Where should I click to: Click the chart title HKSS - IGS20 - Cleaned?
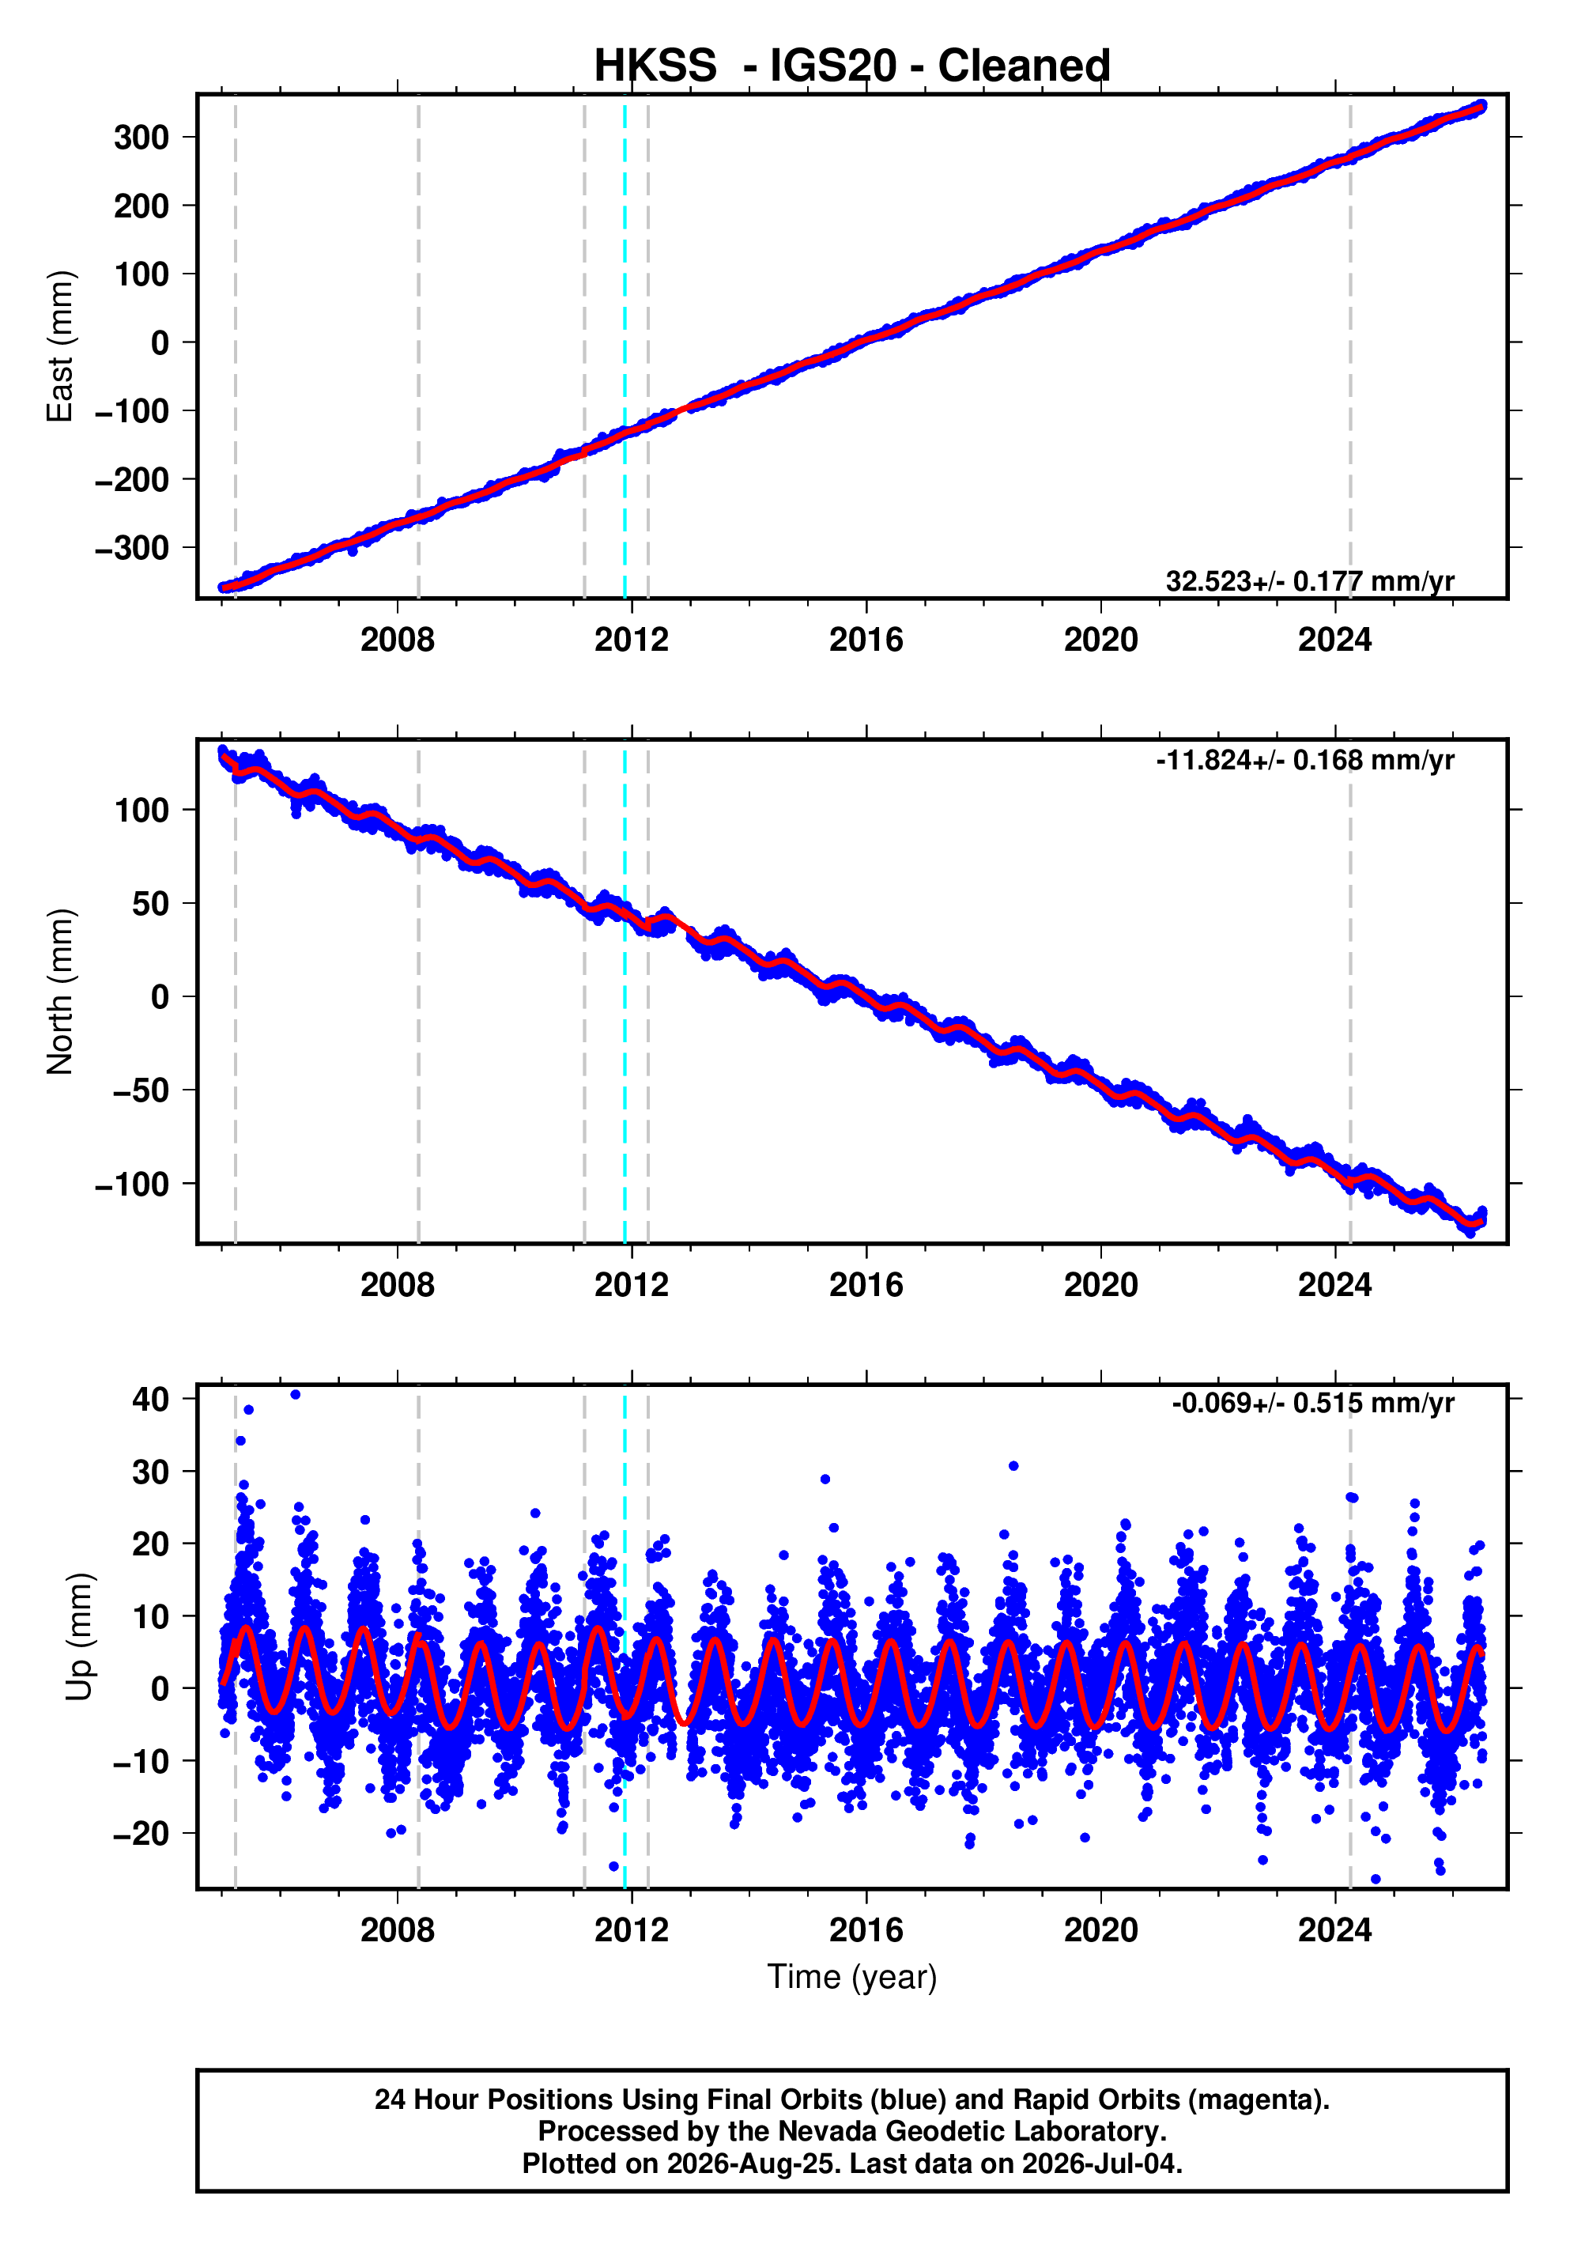(x=852, y=66)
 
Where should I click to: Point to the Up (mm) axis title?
(x=80, y=1637)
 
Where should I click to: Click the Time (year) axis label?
(x=852, y=1976)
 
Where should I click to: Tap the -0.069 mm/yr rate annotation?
(x=1312, y=1403)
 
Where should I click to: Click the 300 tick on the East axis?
(x=142, y=138)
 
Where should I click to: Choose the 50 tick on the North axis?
(x=151, y=904)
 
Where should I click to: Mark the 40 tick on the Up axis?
(x=151, y=1399)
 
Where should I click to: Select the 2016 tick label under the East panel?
(x=866, y=641)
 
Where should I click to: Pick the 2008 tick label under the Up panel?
(x=397, y=1929)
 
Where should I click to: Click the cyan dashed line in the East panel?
(x=625, y=346)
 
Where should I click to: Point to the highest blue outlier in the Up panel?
(x=296, y=1395)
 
